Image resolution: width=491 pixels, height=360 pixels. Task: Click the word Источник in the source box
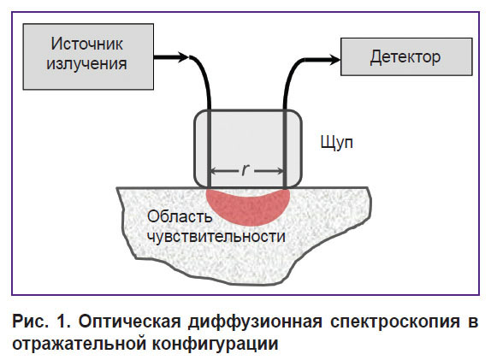87,44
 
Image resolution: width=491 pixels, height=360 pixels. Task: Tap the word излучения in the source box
86,64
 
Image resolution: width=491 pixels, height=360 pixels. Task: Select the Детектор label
405,57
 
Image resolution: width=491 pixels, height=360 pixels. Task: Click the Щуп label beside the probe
337,143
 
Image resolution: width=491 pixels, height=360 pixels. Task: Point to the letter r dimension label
245,169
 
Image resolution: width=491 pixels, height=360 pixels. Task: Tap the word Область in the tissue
180,216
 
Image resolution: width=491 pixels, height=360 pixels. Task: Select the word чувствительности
216,237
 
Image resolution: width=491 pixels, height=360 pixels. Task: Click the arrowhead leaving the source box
183,57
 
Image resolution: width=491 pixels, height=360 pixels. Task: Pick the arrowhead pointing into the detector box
334,60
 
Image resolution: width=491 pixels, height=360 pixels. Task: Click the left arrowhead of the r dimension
215,171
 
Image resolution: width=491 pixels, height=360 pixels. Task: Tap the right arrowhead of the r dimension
280,171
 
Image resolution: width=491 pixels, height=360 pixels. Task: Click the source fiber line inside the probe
210,149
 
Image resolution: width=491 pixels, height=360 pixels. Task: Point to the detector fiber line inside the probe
285,149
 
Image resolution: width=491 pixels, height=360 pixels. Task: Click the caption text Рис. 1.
41,322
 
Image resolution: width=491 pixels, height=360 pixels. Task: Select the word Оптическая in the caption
130,322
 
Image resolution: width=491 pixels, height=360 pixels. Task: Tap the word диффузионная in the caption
255,322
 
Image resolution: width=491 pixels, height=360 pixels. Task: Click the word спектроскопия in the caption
395,322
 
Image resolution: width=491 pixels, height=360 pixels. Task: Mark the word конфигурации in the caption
215,345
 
